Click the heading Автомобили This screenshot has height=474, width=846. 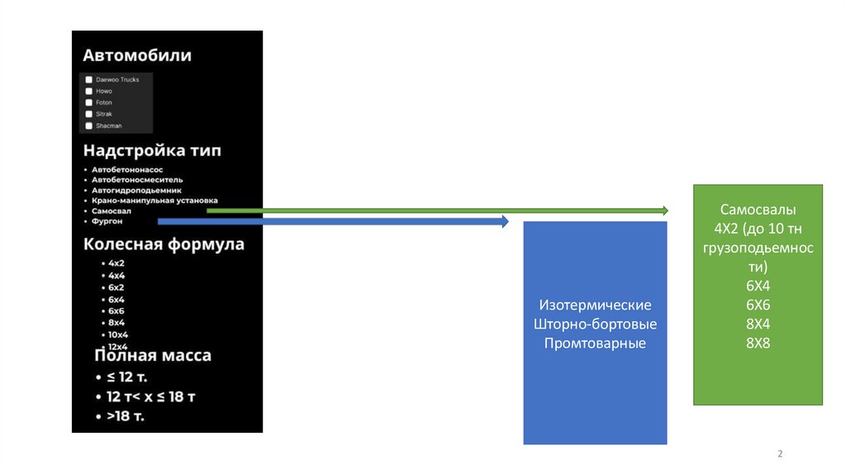coord(136,55)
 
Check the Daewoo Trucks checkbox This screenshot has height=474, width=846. coord(88,79)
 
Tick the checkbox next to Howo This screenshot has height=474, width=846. coord(88,91)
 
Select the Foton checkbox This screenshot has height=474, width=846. coord(88,102)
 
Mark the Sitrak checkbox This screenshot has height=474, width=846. coord(88,114)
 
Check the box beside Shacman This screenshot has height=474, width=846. coord(88,126)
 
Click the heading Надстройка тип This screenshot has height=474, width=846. coord(151,151)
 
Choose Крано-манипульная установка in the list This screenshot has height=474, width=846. coord(154,200)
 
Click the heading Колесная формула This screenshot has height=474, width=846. coord(164,244)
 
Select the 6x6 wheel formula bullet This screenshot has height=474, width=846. coord(116,310)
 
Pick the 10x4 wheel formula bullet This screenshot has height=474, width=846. coord(117,334)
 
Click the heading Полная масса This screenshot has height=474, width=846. coord(153,356)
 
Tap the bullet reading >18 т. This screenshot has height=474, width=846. coord(125,415)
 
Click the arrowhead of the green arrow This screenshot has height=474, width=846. coord(663,211)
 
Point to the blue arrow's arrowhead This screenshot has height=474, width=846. coord(504,221)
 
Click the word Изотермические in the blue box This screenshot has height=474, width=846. coord(596,305)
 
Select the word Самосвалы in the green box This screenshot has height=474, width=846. coord(758,210)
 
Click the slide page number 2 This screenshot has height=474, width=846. coord(780,455)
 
